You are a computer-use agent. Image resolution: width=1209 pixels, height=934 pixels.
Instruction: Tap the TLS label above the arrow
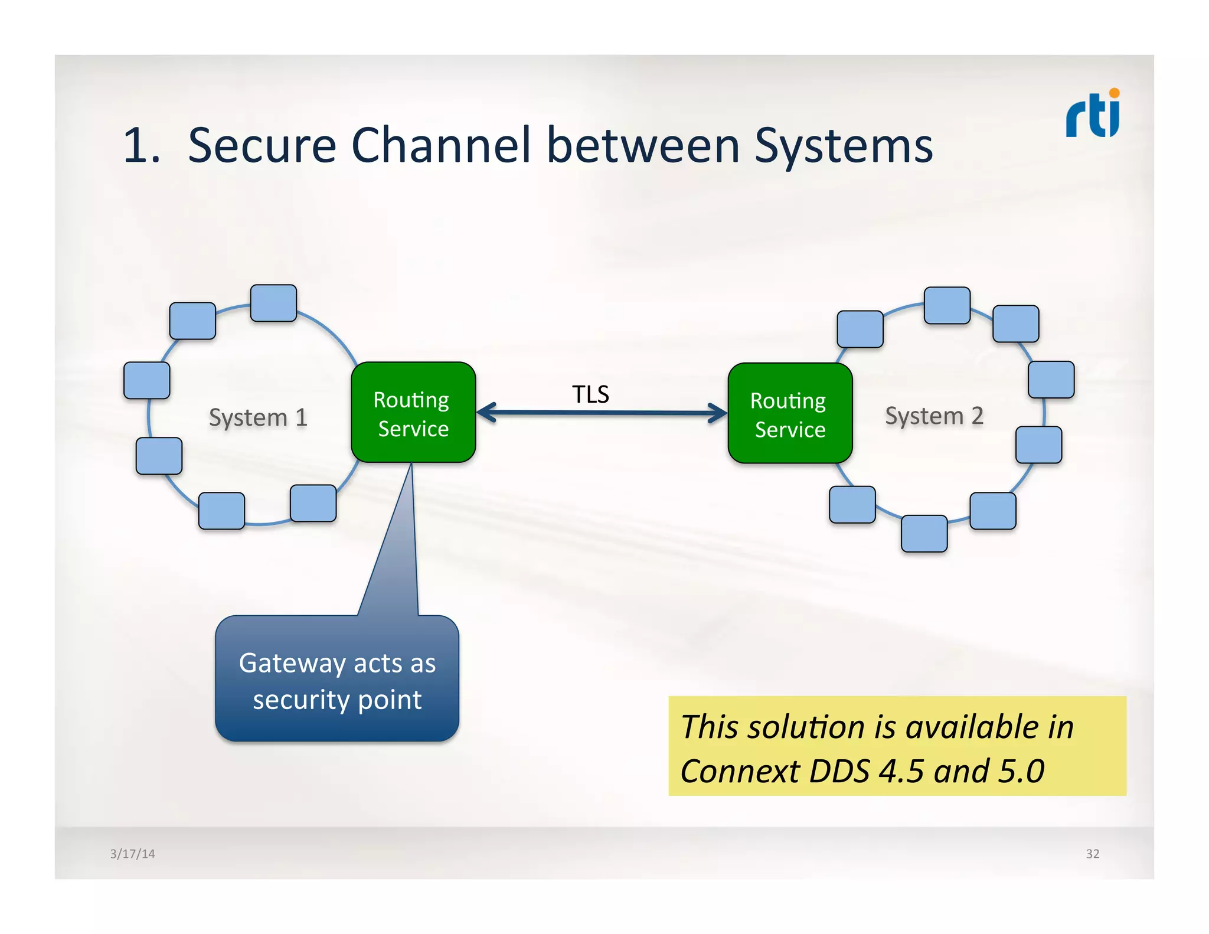pos(590,394)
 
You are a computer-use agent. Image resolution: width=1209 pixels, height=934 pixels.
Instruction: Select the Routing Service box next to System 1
pos(413,413)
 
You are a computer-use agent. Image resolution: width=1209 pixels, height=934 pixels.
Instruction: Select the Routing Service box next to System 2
pos(789,413)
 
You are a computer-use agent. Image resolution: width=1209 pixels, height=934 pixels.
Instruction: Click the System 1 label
pos(258,417)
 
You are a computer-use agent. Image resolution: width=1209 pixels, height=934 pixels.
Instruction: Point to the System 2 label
pos(933,416)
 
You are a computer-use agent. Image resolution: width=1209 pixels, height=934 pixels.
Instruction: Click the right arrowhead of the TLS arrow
pos(719,413)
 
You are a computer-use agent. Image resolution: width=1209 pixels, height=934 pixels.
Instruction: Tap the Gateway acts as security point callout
pos(337,680)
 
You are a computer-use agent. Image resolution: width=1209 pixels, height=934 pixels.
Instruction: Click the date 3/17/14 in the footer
pos(132,854)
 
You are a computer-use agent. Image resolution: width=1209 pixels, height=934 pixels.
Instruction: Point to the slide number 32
pos(1092,854)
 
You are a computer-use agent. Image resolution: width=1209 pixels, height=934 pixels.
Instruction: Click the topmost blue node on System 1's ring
pos(273,303)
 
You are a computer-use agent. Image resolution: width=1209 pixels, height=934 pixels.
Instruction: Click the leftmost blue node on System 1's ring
pos(146,380)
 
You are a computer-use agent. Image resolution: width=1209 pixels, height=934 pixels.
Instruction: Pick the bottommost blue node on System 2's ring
pos(924,534)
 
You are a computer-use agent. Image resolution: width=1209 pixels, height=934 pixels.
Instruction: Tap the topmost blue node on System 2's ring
pos(947,305)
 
